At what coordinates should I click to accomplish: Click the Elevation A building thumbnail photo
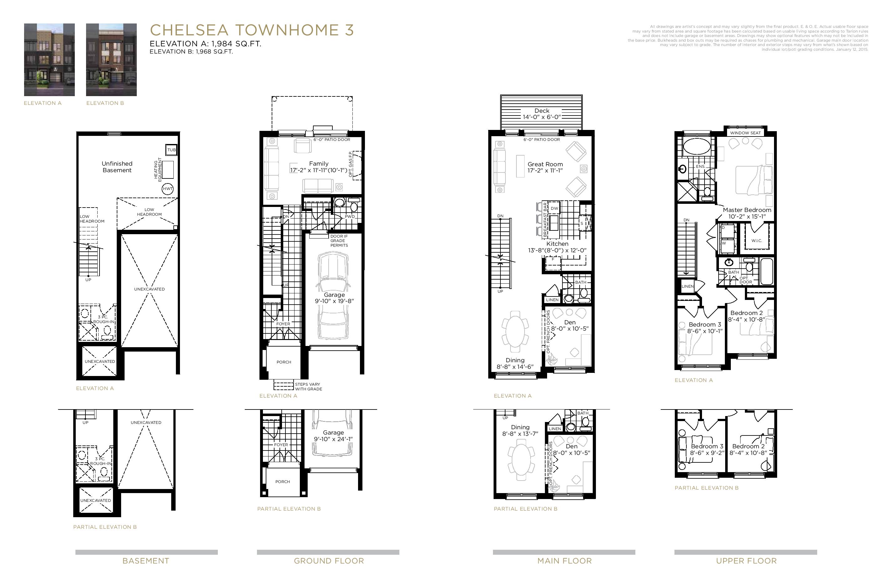coord(49,59)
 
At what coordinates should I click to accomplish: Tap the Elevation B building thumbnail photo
coord(111,59)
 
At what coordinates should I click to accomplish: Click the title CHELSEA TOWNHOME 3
coord(252,30)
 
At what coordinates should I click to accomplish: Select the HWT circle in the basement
coord(167,188)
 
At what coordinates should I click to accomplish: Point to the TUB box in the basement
coord(171,150)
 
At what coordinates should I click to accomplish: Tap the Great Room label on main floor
coord(545,167)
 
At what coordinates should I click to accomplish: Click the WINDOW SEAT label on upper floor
coord(745,133)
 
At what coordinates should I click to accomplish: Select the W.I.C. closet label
coord(756,241)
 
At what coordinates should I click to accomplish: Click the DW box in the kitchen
coord(554,209)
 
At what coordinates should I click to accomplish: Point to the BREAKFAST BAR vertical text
coord(545,219)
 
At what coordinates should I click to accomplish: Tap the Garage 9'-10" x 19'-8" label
coord(334,298)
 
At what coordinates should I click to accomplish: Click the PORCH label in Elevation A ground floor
coord(284,362)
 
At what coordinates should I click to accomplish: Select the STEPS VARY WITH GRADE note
coord(308,386)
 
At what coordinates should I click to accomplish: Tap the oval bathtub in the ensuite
coord(697,147)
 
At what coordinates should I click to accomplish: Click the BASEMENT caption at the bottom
coord(146,561)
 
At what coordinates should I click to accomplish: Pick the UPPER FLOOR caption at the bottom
coord(746,561)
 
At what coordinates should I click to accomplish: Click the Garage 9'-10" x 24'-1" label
coord(333,435)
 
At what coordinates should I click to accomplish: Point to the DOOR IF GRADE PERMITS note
coord(339,241)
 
